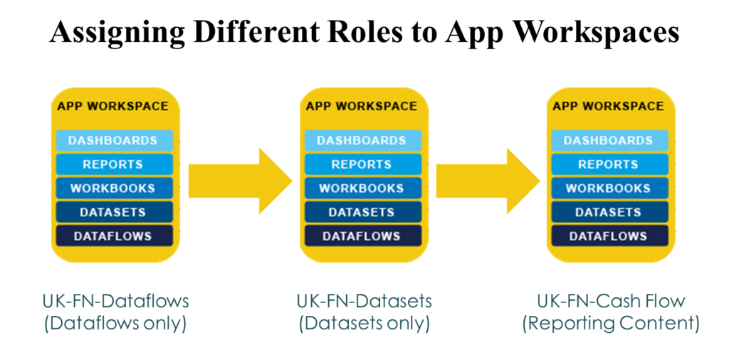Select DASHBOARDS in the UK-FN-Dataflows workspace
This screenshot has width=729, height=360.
coord(112,141)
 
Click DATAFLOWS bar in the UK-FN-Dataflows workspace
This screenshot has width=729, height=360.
coord(112,236)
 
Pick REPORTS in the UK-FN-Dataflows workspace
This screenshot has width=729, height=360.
coord(112,164)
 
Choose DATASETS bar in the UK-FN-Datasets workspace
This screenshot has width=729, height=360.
coord(361,212)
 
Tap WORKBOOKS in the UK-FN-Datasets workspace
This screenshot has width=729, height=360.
coord(361,189)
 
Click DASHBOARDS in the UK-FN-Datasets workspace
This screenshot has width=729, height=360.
coord(361,141)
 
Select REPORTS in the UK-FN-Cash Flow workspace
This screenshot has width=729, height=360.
coord(608,164)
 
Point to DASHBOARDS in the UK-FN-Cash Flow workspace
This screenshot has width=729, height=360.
coord(608,141)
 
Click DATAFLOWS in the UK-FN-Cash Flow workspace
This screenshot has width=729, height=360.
coord(608,236)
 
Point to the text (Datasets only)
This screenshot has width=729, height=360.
coord(364,324)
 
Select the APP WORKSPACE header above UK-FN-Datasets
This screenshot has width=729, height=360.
coord(361,106)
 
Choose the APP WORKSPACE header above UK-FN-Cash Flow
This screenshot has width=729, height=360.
coord(608,106)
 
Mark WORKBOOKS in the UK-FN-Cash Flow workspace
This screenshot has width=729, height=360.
coord(608,189)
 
